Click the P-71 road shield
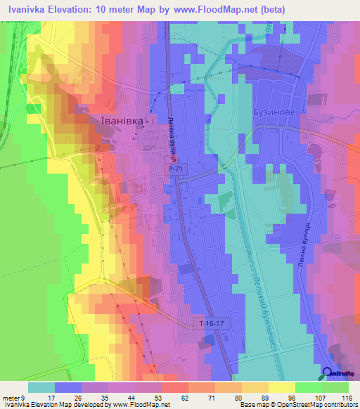176,169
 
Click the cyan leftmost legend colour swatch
41,387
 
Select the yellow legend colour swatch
282,387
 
